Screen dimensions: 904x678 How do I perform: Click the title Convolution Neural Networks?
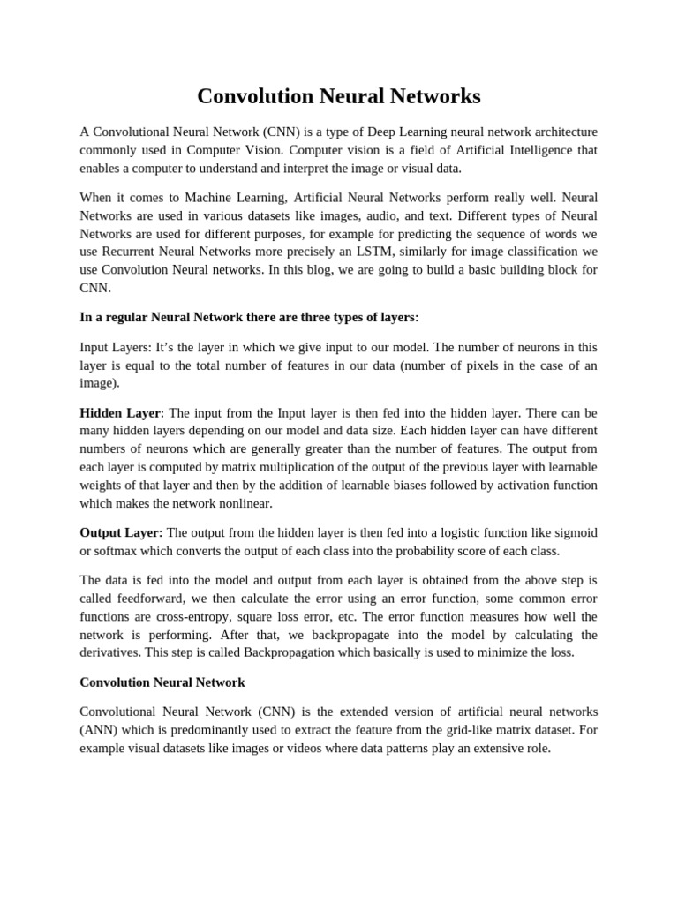tap(338, 96)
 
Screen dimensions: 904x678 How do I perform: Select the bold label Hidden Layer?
tap(120, 412)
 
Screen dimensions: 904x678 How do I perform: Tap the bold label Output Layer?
tap(121, 532)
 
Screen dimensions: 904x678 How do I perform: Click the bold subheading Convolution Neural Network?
tap(162, 682)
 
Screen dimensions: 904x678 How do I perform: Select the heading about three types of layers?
tap(249, 317)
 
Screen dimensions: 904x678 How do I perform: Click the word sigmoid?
tap(575, 532)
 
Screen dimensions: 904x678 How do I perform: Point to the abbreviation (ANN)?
tap(98, 730)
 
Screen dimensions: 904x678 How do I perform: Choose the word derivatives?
tap(110, 652)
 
